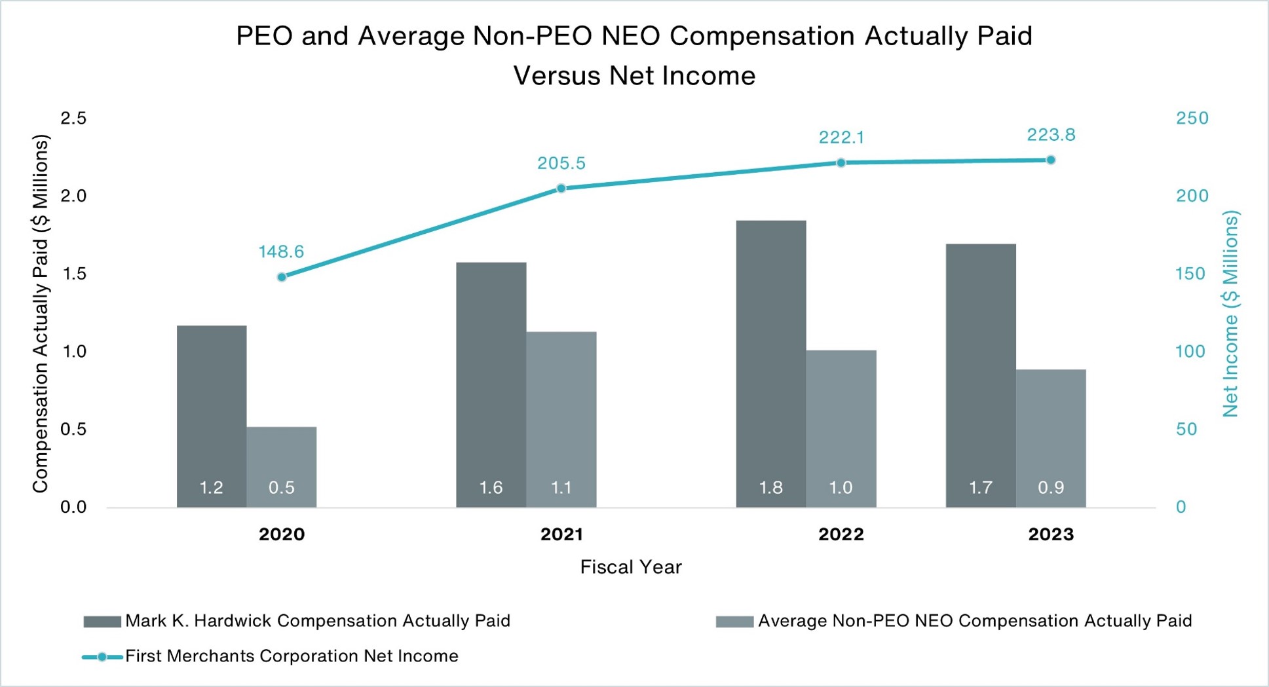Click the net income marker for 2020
pos(282,277)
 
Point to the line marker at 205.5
pos(561,189)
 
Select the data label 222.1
pos(841,138)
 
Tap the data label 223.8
pos(1051,135)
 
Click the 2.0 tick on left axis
pos(73,196)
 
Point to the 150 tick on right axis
pos(1190,274)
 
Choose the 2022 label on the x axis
pos(841,534)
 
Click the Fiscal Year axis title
pos(630,567)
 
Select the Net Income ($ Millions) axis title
pos(1231,314)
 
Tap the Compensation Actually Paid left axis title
pos(41,314)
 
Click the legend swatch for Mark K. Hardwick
pos(102,622)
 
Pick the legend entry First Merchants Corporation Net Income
pos(292,656)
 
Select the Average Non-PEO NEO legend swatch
pos(734,622)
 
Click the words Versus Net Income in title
pos(634,76)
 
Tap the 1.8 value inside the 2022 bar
pos(770,488)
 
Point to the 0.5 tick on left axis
pos(73,430)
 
